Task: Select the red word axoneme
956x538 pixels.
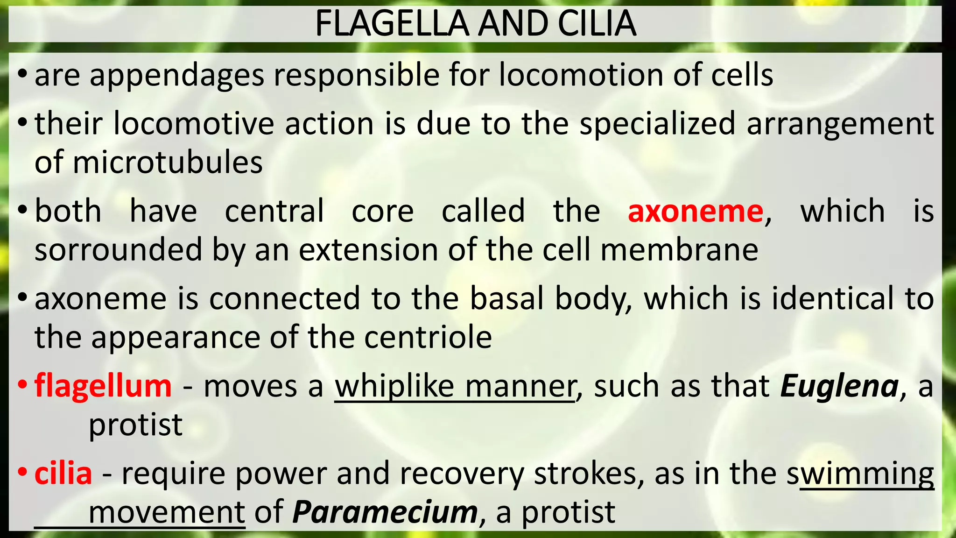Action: point(695,211)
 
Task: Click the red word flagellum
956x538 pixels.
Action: point(103,386)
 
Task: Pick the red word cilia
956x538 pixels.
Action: point(63,474)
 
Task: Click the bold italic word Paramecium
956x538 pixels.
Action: point(385,512)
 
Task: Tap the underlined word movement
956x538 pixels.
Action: point(167,512)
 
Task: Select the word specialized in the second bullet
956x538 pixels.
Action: point(657,124)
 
